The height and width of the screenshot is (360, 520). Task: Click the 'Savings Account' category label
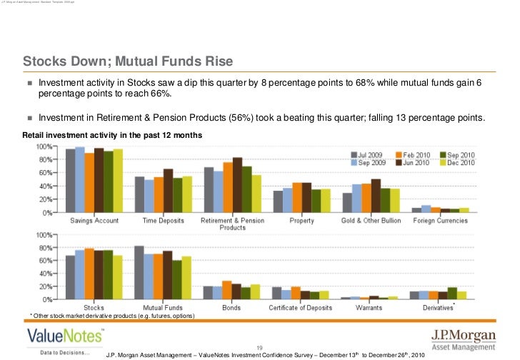point(94,221)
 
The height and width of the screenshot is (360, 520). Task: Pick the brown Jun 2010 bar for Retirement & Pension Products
point(237,185)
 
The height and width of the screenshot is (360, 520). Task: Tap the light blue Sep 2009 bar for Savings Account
point(80,180)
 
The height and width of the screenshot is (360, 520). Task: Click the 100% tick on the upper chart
point(44,146)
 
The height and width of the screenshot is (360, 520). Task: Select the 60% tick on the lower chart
point(44,260)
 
